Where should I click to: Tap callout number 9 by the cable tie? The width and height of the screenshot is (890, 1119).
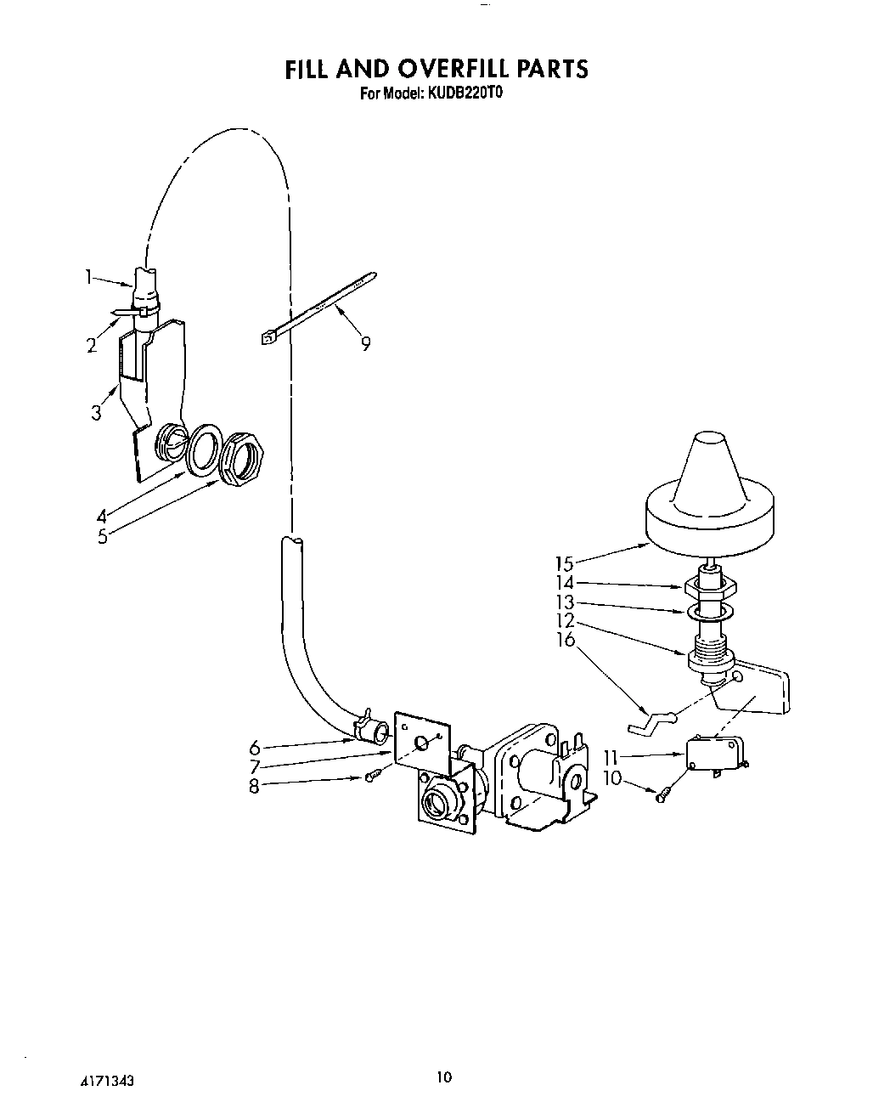(x=365, y=344)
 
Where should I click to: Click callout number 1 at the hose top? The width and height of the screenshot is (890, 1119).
(x=88, y=275)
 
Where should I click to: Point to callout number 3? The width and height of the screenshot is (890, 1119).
(x=96, y=413)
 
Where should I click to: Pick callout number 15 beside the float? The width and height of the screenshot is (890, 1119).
(x=565, y=562)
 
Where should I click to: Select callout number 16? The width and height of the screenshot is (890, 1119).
(x=566, y=640)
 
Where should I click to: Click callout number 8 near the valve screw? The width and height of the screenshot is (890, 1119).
(x=254, y=787)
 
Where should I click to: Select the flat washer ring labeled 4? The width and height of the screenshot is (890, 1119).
(x=204, y=447)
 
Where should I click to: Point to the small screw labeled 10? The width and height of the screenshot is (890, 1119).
(x=662, y=795)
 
